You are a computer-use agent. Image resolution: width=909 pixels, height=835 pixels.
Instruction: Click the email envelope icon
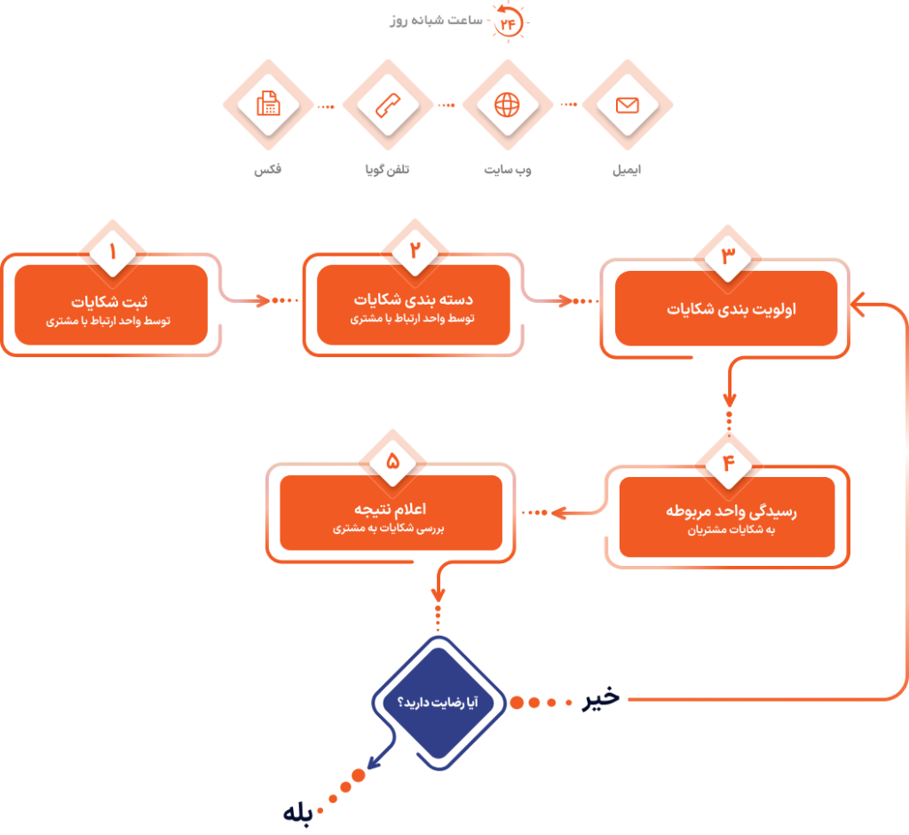(x=628, y=106)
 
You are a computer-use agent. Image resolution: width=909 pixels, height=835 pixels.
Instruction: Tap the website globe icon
(x=507, y=106)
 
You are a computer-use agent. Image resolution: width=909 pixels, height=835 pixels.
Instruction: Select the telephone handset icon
(x=387, y=106)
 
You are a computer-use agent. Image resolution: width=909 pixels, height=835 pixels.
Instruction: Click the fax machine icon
(x=267, y=106)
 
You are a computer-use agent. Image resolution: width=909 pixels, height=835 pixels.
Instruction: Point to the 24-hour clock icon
(x=509, y=22)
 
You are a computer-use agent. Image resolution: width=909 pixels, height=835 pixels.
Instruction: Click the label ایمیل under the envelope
(x=628, y=169)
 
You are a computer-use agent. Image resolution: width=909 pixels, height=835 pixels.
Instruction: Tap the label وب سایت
(x=507, y=169)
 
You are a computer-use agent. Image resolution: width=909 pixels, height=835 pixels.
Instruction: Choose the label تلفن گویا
(x=387, y=169)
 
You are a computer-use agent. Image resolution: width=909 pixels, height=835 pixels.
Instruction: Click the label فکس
(x=267, y=169)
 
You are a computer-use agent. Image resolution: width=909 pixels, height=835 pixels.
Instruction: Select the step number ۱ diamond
(x=112, y=251)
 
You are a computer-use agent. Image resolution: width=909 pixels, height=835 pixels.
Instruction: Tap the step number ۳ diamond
(x=727, y=255)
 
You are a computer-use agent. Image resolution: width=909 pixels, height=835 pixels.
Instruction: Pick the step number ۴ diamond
(x=728, y=463)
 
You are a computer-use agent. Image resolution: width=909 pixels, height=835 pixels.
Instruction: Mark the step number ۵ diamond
(x=391, y=461)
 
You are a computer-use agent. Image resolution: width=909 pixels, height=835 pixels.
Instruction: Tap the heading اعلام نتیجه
(x=392, y=509)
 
